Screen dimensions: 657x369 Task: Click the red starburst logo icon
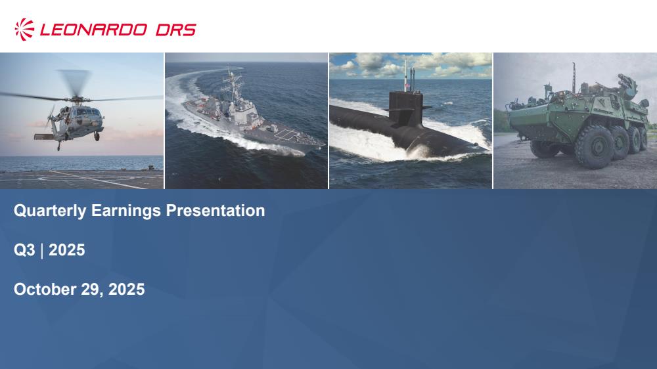(x=24, y=30)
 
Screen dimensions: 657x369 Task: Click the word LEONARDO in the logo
(x=93, y=30)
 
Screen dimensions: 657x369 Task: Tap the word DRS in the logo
(x=175, y=30)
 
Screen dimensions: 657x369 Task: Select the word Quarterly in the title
(x=50, y=211)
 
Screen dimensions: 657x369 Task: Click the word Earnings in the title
(x=125, y=211)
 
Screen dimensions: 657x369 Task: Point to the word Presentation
(x=215, y=210)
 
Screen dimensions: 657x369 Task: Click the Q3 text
(x=24, y=250)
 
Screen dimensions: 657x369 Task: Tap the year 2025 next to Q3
(x=67, y=250)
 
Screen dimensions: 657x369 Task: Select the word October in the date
(x=45, y=290)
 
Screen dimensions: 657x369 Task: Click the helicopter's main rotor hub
(x=76, y=99)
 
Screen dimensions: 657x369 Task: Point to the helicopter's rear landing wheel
(x=58, y=148)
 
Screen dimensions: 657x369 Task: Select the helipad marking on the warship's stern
(x=286, y=134)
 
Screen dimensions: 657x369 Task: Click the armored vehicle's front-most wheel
(x=594, y=147)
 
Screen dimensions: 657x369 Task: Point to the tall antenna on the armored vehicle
(x=574, y=77)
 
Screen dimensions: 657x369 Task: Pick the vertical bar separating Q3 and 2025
(x=42, y=250)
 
